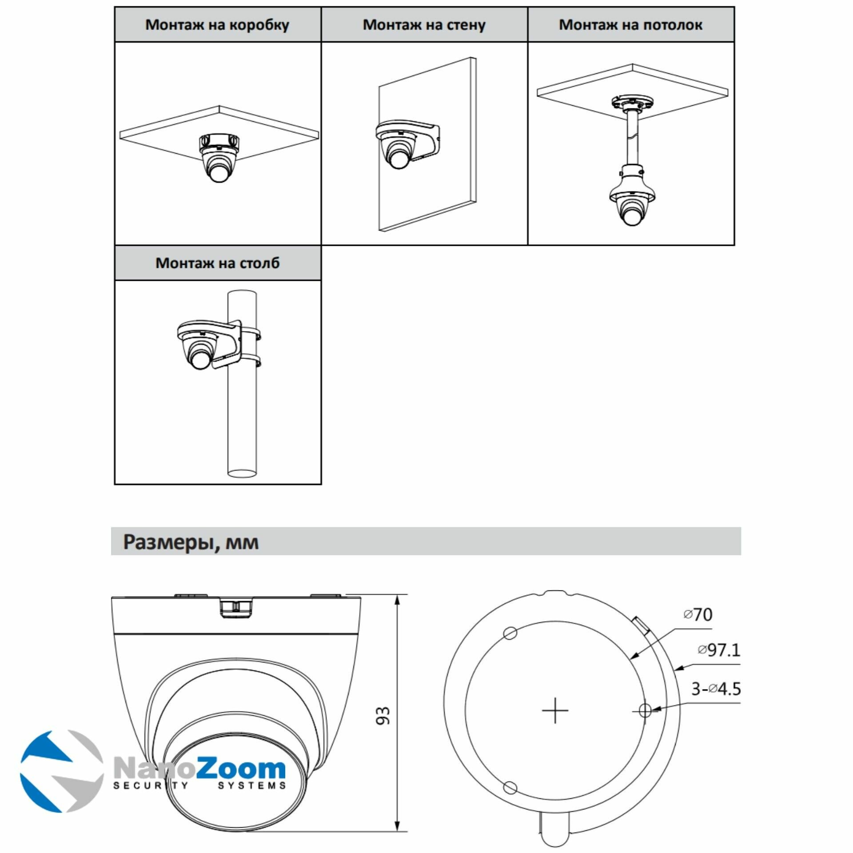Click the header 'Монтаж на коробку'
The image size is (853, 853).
pos(217,25)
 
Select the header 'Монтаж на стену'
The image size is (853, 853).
pos(424,25)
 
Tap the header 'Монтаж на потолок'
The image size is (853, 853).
pos(630,25)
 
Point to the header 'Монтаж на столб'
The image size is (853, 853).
pos(217,263)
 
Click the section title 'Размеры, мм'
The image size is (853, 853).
pos(191,542)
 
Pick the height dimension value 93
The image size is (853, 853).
pos(383,716)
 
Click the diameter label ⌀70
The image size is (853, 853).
pos(698,614)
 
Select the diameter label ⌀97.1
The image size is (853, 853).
pos(718,650)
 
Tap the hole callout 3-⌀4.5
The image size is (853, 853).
pos(716,689)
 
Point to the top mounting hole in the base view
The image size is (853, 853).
pos(511,633)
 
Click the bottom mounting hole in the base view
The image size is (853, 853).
pos(510,788)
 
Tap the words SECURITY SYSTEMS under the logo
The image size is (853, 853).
pos(199,786)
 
